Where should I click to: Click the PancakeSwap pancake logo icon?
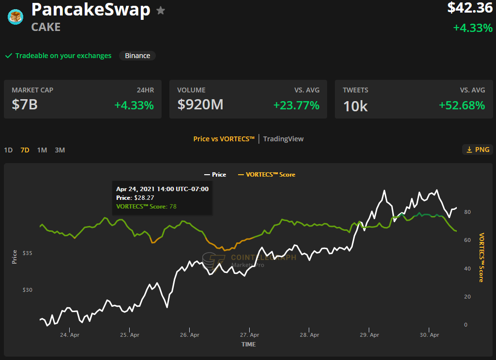coord(15,17)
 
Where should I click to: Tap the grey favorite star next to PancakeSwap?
coord(161,11)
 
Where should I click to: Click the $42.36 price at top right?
coord(470,8)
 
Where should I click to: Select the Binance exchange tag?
coord(137,56)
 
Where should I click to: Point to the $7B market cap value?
coord(25,105)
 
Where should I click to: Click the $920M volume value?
coord(200,105)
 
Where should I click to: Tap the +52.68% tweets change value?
coord(462,105)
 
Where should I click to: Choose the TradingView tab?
coord(283,139)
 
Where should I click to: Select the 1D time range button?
coord(8,150)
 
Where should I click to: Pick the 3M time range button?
coord(60,150)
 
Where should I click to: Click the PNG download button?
coord(478,150)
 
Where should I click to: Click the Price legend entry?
coord(215,175)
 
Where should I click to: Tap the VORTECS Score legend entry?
coord(266,175)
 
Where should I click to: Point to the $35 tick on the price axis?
coord(28,253)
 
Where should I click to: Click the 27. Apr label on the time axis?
coord(250,335)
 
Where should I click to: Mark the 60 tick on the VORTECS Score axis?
coord(467,240)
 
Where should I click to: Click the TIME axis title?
coord(249,345)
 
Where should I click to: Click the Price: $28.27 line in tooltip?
coord(135,198)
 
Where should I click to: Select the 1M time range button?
coord(42,150)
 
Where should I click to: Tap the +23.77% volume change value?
coord(297,105)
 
